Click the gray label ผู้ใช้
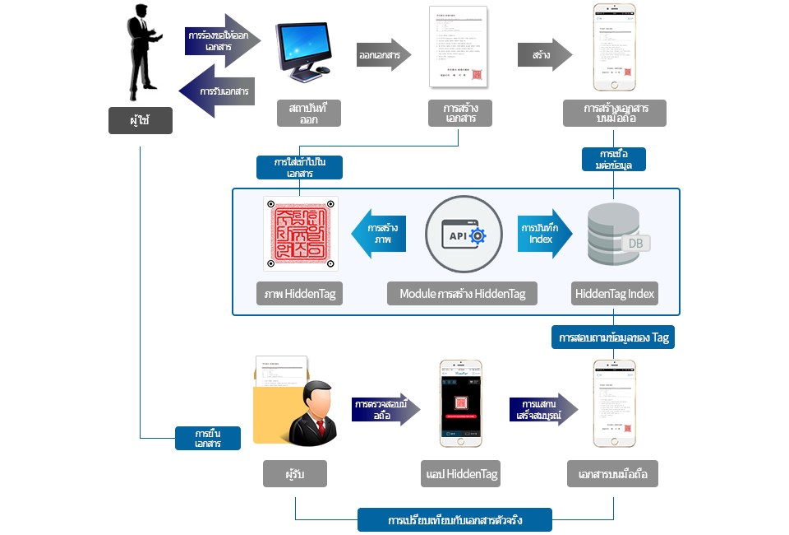coord(141,120)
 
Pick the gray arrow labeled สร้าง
coord(544,56)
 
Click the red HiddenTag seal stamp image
coord(301,233)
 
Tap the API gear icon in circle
coord(463,235)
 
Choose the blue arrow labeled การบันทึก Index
coord(542,234)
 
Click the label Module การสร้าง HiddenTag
coord(463,294)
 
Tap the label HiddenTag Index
coord(615,294)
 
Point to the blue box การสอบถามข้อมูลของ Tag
coord(614,338)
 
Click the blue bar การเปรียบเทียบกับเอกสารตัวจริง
coord(454,520)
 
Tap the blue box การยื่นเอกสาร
coord(208,438)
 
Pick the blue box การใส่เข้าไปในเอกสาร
coord(299,168)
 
